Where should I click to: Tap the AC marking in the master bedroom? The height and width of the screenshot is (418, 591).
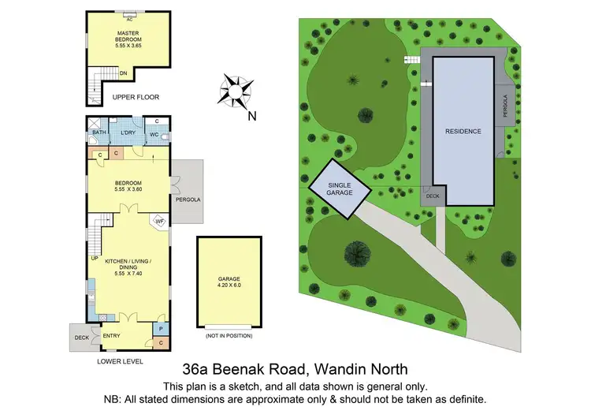coord(128,18)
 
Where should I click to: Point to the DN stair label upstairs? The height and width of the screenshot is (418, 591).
coord(124,73)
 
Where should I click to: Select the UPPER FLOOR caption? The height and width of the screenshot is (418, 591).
coord(136,97)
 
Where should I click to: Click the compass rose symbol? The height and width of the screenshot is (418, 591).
coord(234,90)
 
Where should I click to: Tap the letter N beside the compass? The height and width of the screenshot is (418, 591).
coord(252,118)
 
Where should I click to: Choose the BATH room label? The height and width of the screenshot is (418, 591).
coord(98,132)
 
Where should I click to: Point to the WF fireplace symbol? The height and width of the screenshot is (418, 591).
coord(158,222)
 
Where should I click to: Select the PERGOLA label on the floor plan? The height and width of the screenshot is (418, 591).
coord(188,200)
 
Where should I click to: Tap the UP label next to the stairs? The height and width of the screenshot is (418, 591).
coord(95,258)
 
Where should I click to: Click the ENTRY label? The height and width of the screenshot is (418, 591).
coord(112,336)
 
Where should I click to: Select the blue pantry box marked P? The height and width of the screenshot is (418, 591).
coord(160,328)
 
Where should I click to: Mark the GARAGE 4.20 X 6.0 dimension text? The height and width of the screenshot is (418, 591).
coord(229,282)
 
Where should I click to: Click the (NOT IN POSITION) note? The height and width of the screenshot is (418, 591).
coord(229,337)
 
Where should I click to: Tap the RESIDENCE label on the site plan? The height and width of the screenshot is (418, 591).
coord(463,132)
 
